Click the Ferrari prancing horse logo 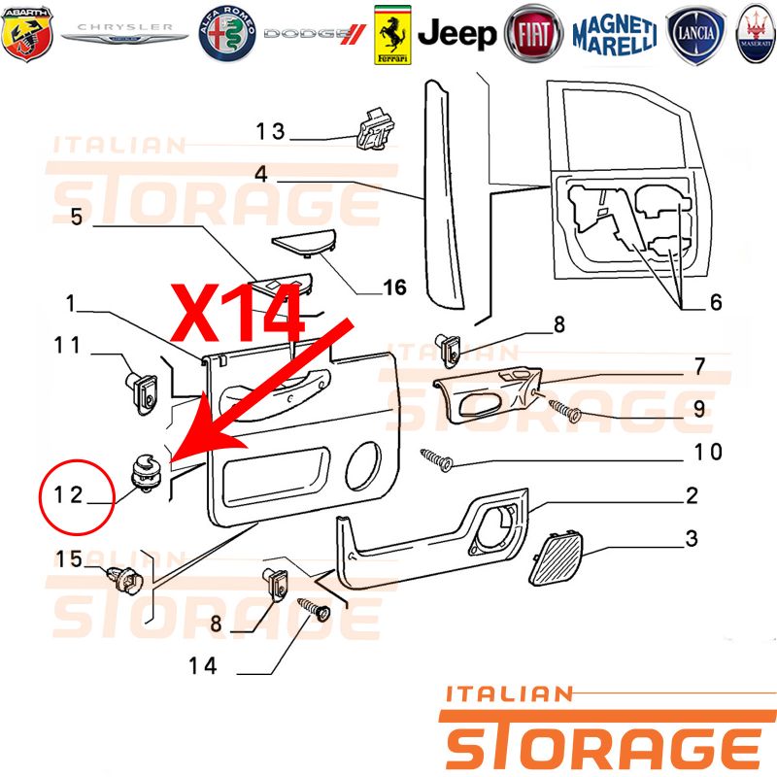pos(392,35)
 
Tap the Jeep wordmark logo pos(456,34)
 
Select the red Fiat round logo pos(533,34)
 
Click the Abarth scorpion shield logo pos(27,34)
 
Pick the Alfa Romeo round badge pos(227,34)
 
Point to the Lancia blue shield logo pos(695,34)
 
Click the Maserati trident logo pos(756,34)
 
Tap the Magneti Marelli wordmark pos(615,35)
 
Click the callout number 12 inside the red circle pos(68,494)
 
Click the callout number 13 pos(270,131)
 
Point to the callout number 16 pos(394,287)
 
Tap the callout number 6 pos(716,302)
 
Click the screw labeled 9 pos(565,411)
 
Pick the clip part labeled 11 pos(141,393)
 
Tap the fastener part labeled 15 pos(124,580)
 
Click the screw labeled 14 pos(314,610)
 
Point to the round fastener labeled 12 pos(144,472)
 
